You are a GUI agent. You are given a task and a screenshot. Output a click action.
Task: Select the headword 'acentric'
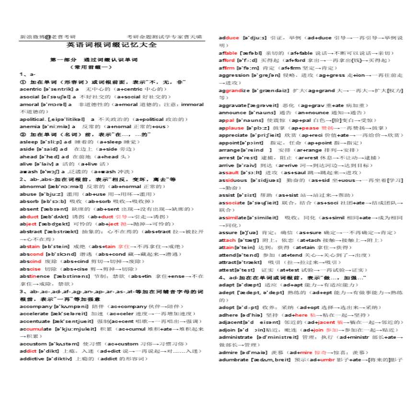pyautogui.click(x=31, y=89)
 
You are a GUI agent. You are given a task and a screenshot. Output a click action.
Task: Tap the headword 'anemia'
pyautogui.click(x=30, y=126)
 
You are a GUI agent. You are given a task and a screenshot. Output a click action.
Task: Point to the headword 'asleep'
pyautogui.click(x=29, y=142)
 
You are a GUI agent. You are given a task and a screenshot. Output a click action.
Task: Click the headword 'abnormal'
pyautogui.click(x=33, y=186)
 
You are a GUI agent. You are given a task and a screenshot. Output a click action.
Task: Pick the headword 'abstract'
pyautogui.click(x=31, y=231)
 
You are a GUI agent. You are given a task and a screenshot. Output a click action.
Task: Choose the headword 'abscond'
pyautogui.click(x=31, y=254)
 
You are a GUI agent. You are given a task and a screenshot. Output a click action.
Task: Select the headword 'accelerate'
pyautogui.click(x=35, y=314)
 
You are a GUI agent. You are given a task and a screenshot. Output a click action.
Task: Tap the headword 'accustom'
pyautogui.click(x=33, y=344)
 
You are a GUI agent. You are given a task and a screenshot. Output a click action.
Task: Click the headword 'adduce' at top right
pyautogui.click(x=229, y=38)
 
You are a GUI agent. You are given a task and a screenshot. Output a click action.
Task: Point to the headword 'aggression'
pyautogui.click(x=234, y=75)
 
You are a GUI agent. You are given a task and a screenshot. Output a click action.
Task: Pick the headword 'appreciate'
pyautogui.click(x=233, y=135)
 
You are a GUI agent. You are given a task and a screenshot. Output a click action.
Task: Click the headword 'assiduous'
pyautogui.click(x=232, y=180)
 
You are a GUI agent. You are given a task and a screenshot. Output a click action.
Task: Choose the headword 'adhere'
pyautogui.click(x=228, y=315)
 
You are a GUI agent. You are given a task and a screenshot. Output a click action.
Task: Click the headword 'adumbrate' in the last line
pyautogui.click(x=233, y=359)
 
